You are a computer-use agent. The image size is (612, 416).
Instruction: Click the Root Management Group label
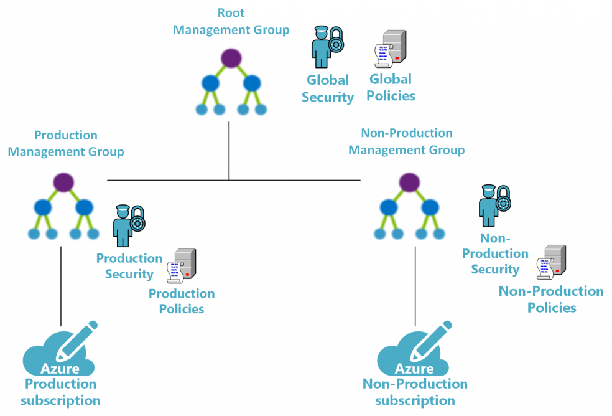(x=231, y=21)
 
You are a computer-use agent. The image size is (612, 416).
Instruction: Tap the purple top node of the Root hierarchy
(x=231, y=58)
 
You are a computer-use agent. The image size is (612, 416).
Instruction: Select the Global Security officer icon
(x=325, y=47)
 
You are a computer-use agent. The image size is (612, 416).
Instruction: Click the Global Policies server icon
(x=390, y=48)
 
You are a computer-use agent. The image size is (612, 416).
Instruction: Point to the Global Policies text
(x=391, y=87)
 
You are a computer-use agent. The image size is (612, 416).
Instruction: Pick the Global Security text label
(x=328, y=88)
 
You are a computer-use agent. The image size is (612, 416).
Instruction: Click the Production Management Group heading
(x=66, y=143)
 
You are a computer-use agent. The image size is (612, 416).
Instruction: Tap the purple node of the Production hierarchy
(x=63, y=182)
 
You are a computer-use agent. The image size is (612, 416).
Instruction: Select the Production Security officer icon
(x=127, y=226)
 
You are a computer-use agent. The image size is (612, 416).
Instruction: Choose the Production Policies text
(x=182, y=301)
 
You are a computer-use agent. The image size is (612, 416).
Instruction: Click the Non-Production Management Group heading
(x=407, y=141)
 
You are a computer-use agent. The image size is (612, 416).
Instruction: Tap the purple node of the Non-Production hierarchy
(x=407, y=182)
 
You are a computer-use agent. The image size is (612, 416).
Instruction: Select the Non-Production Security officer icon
(x=494, y=206)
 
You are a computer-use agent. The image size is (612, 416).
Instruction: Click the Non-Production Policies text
(x=551, y=299)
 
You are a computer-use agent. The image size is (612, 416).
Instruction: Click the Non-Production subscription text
(x=415, y=392)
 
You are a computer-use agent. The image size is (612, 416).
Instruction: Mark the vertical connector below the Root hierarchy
(x=229, y=149)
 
